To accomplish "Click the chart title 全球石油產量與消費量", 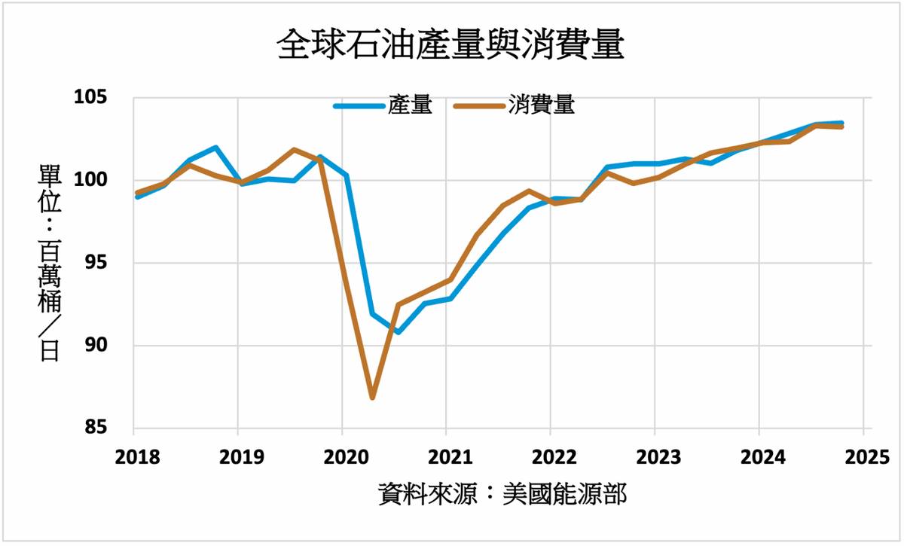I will [x=450, y=45].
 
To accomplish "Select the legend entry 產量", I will [x=411, y=106].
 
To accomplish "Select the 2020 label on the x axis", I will [x=342, y=457].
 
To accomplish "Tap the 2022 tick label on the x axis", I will [x=550, y=457].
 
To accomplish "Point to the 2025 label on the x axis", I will [x=862, y=457].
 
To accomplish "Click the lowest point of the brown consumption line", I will [x=372, y=397].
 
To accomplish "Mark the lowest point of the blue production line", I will [x=398, y=331].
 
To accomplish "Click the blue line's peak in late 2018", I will [x=216, y=148].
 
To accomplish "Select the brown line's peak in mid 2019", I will [x=294, y=149].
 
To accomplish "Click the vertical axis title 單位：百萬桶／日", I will [x=50, y=264].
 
